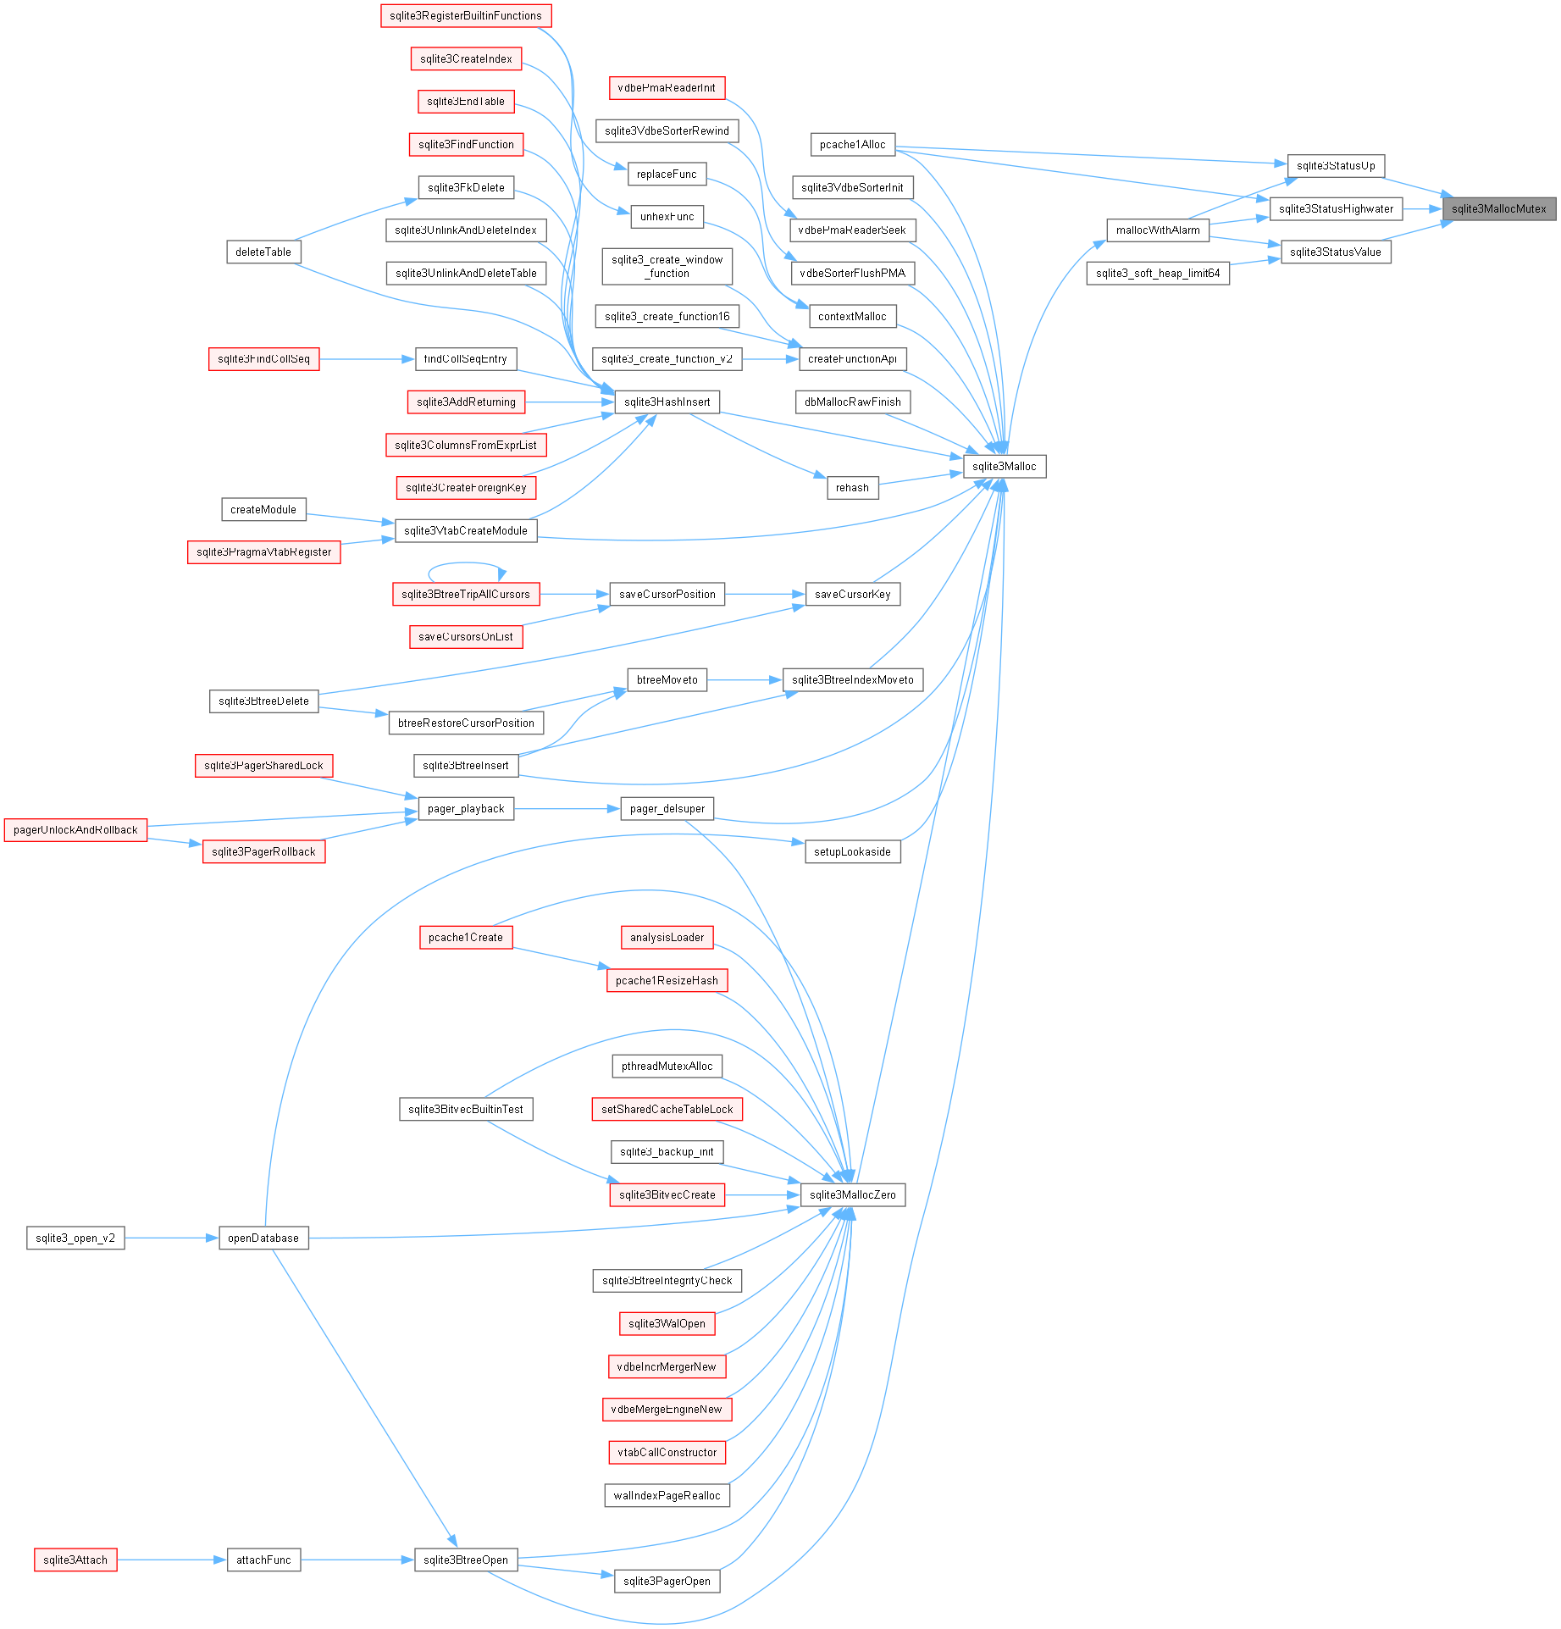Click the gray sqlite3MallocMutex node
(x=1498, y=208)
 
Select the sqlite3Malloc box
(x=1005, y=466)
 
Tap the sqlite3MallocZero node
(x=852, y=1194)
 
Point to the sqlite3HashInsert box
(x=667, y=402)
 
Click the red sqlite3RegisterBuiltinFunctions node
(x=466, y=15)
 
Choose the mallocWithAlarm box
(x=1158, y=230)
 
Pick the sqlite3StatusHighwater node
(x=1336, y=208)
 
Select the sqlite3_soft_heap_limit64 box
(x=1158, y=273)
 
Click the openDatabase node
(x=263, y=1238)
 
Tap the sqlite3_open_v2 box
(x=75, y=1238)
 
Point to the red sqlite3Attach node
(x=75, y=1560)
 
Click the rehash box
(x=852, y=487)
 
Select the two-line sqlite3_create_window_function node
(x=667, y=266)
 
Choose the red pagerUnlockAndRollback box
(x=75, y=829)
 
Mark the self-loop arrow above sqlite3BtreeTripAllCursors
(x=466, y=564)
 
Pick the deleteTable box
(x=263, y=252)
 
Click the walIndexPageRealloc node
(x=667, y=1495)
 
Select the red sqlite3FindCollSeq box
(x=263, y=358)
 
